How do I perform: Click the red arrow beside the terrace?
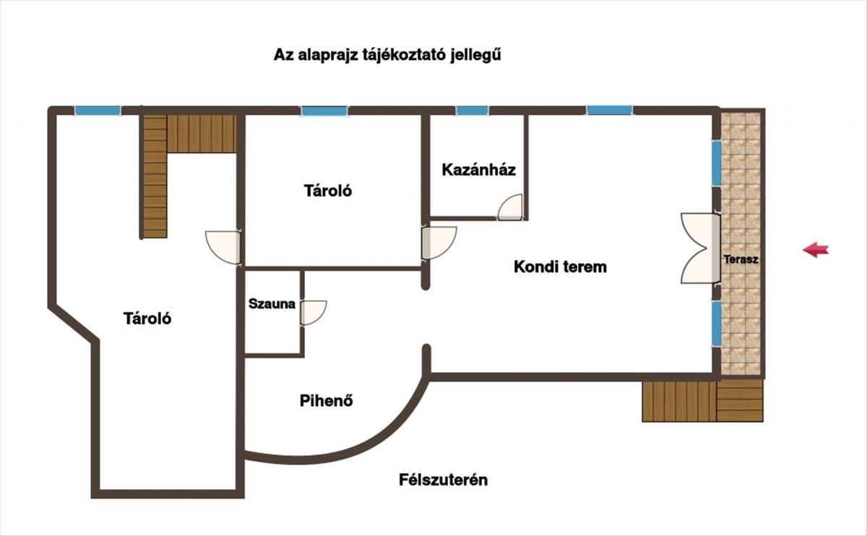click(x=816, y=250)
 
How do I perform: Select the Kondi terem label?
click(x=560, y=267)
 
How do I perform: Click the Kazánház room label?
click(x=478, y=170)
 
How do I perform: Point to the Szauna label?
click(x=272, y=304)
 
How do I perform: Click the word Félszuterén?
click(x=443, y=480)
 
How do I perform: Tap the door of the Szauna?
click(x=314, y=312)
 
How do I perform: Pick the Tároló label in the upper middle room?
click(x=328, y=191)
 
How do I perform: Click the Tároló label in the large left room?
click(x=147, y=318)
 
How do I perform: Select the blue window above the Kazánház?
click(x=473, y=111)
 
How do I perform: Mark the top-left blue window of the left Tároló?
click(x=98, y=111)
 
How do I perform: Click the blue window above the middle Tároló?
click(x=324, y=111)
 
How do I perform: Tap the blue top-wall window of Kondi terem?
click(x=609, y=111)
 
